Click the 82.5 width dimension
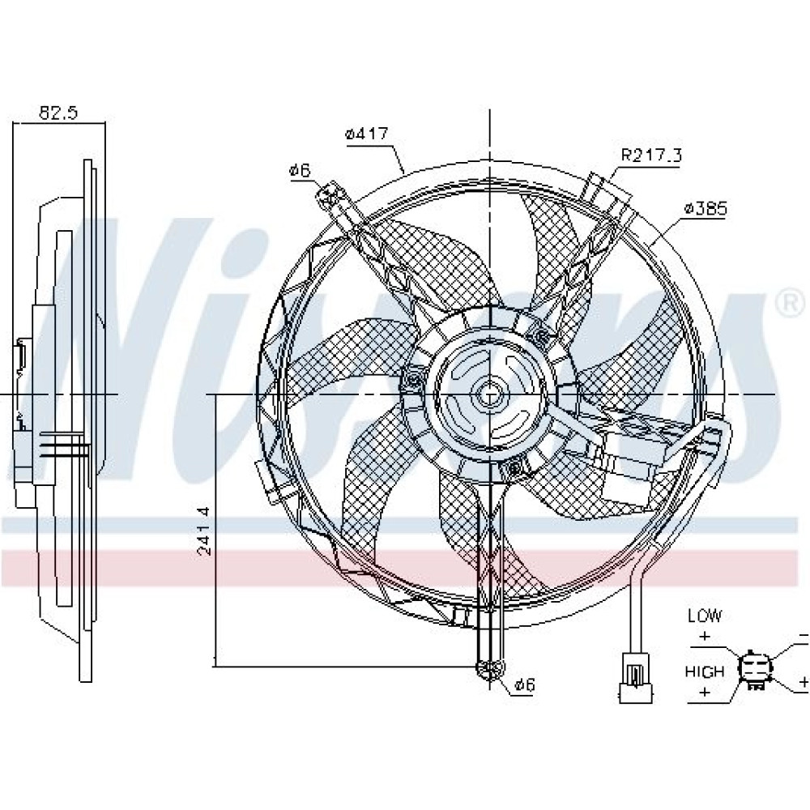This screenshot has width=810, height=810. point(58,113)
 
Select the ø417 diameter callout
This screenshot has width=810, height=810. point(366,134)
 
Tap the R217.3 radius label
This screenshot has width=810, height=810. point(651,155)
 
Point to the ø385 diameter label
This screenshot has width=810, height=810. point(706,209)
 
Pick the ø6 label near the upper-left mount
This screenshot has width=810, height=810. point(301,170)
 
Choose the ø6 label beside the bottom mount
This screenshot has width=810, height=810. point(525,685)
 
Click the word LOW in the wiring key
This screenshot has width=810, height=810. point(705,616)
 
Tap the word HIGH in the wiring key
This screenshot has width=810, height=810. point(705,671)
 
